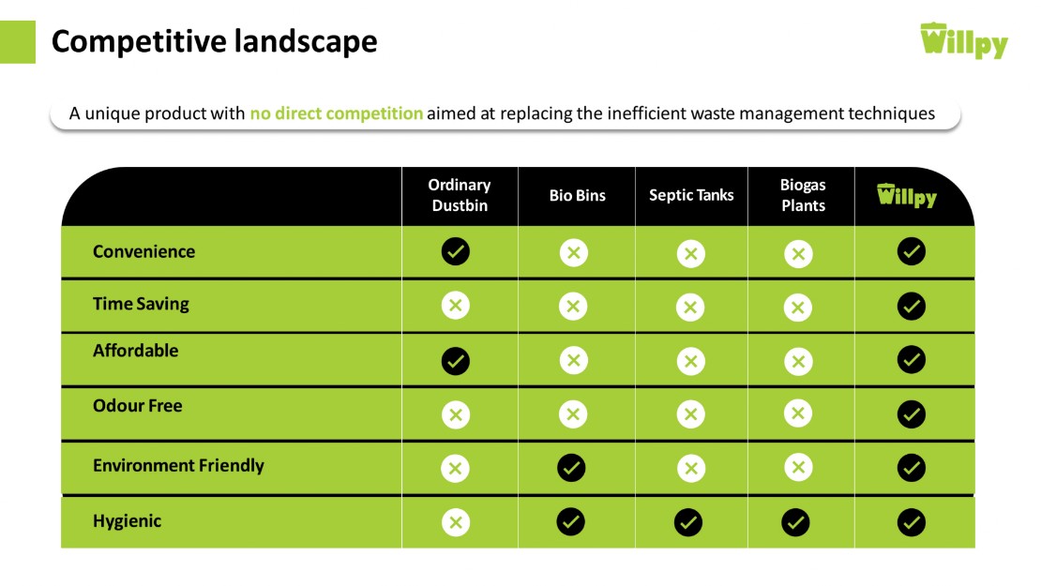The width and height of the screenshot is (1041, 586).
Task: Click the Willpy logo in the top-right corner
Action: tap(964, 40)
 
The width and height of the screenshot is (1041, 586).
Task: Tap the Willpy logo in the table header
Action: tap(907, 195)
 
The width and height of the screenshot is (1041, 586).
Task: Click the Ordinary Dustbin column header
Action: tap(460, 195)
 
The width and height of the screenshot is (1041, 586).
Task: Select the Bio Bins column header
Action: tap(577, 195)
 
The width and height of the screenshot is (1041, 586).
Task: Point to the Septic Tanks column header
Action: tap(691, 195)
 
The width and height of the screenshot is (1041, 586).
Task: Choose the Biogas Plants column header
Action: tap(803, 195)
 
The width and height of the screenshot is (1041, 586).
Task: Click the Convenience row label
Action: tap(144, 251)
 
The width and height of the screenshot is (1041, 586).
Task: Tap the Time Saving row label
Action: tap(141, 304)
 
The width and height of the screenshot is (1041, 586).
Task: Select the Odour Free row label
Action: tap(138, 405)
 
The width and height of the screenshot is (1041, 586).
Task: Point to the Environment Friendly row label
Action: tap(178, 466)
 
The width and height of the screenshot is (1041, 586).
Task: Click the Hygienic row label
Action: tap(127, 521)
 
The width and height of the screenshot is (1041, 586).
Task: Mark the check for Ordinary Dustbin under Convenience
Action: tap(456, 251)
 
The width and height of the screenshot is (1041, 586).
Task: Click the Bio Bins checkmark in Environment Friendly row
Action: tap(571, 468)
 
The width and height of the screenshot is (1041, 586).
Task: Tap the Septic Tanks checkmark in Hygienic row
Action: tap(688, 522)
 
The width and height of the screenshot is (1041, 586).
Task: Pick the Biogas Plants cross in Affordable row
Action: tap(798, 362)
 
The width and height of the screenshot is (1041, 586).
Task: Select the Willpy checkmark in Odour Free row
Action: tap(912, 414)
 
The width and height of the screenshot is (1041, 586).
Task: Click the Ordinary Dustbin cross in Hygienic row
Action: tap(456, 522)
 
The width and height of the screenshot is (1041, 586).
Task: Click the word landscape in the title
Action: tap(306, 42)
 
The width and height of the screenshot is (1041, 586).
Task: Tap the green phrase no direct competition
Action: tap(336, 113)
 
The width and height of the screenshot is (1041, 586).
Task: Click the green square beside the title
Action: tap(17, 42)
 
